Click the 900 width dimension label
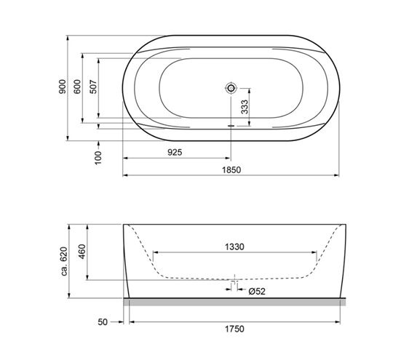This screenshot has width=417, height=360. coord(63,87)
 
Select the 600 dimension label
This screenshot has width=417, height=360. coord(77,87)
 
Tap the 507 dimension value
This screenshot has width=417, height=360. coord(93,87)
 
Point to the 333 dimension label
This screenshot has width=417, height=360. coord(245,107)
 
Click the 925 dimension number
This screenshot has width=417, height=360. coord(175,152)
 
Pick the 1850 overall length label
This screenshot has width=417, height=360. coord(231,169)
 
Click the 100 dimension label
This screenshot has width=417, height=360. coord(98,158)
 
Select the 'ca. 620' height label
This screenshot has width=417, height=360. coord(64,261)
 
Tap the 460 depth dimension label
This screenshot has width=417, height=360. coord(82,252)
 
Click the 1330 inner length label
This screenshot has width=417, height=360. coord(234,247)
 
